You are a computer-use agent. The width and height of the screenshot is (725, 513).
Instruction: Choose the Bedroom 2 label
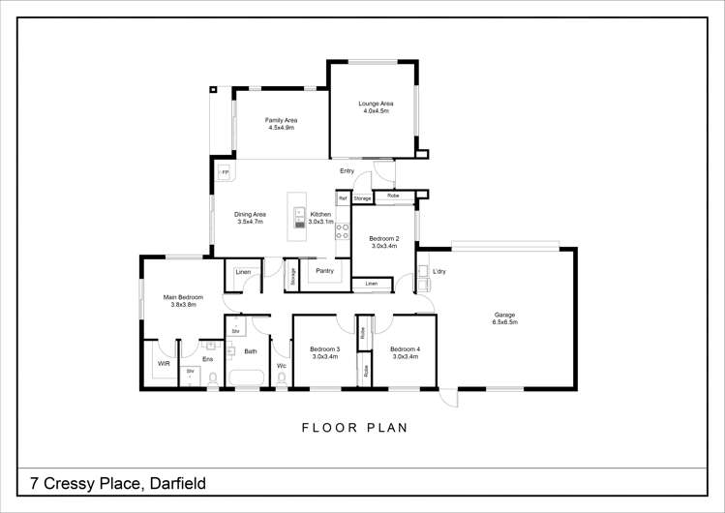pyautogui.click(x=383, y=241)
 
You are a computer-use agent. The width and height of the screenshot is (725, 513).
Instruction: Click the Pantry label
pyautogui.click(x=324, y=271)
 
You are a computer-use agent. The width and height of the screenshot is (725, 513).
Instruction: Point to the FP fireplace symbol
pyautogui.click(x=225, y=172)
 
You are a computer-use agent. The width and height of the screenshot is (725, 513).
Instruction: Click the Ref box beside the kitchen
pyautogui.click(x=343, y=198)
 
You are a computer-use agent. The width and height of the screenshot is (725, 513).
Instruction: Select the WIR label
pyautogui.click(x=164, y=364)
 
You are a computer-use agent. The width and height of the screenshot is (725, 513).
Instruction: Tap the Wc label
pyautogui.click(x=282, y=366)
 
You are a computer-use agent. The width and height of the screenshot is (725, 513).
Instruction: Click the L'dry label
pyautogui.click(x=438, y=271)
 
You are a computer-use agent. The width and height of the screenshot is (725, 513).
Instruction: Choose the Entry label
pyautogui.click(x=347, y=171)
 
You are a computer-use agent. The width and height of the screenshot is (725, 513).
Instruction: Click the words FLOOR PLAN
pyautogui.click(x=354, y=427)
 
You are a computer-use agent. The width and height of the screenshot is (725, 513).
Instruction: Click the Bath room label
pyautogui.click(x=251, y=351)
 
